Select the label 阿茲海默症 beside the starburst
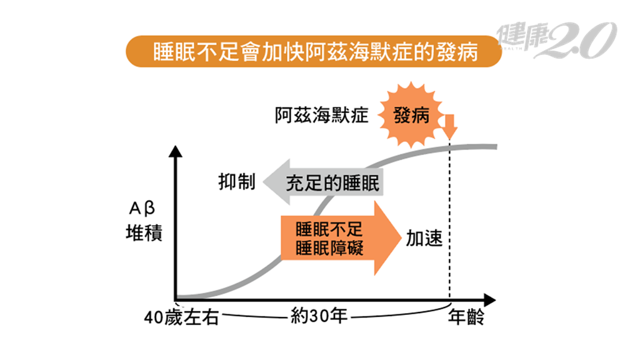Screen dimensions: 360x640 point(322,115)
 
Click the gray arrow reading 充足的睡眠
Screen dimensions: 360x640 point(322,182)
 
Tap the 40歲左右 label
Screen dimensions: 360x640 point(181,317)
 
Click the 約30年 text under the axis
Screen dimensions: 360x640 point(319,316)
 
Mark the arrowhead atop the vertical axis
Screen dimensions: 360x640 point(177,152)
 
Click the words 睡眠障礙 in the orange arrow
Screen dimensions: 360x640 point(329,247)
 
